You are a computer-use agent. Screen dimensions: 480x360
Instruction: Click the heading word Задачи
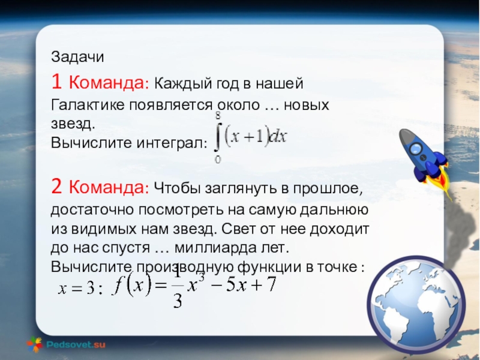click(x=77, y=57)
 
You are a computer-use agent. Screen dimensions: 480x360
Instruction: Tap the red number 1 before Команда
click(x=56, y=82)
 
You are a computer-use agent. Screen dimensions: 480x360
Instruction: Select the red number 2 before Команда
click(x=56, y=186)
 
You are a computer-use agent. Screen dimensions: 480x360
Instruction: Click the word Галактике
click(x=88, y=105)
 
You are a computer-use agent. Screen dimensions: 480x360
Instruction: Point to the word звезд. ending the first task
click(x=73, y=124)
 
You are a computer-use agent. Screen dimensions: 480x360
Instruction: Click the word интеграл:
click(x=172, y=143)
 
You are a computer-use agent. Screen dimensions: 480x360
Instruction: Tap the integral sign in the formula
click(x=218, y=137)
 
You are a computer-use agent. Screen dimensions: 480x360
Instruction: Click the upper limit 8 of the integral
click(x=218, y=116)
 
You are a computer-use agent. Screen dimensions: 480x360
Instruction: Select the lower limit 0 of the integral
click(x=218, y=159)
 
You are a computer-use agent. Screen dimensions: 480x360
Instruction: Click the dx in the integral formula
click(x=278, y=137)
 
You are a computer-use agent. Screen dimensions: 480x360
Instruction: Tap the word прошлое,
click(x=328, y=188)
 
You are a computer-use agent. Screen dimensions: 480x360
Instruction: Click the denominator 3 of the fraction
click(x=178, y=301)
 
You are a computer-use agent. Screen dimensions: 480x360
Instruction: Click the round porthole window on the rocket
click(x=416, y=149)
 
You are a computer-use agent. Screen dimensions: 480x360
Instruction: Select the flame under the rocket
click(x=440, y=181)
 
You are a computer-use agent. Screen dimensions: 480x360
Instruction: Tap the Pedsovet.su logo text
click(x=76, y=344)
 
